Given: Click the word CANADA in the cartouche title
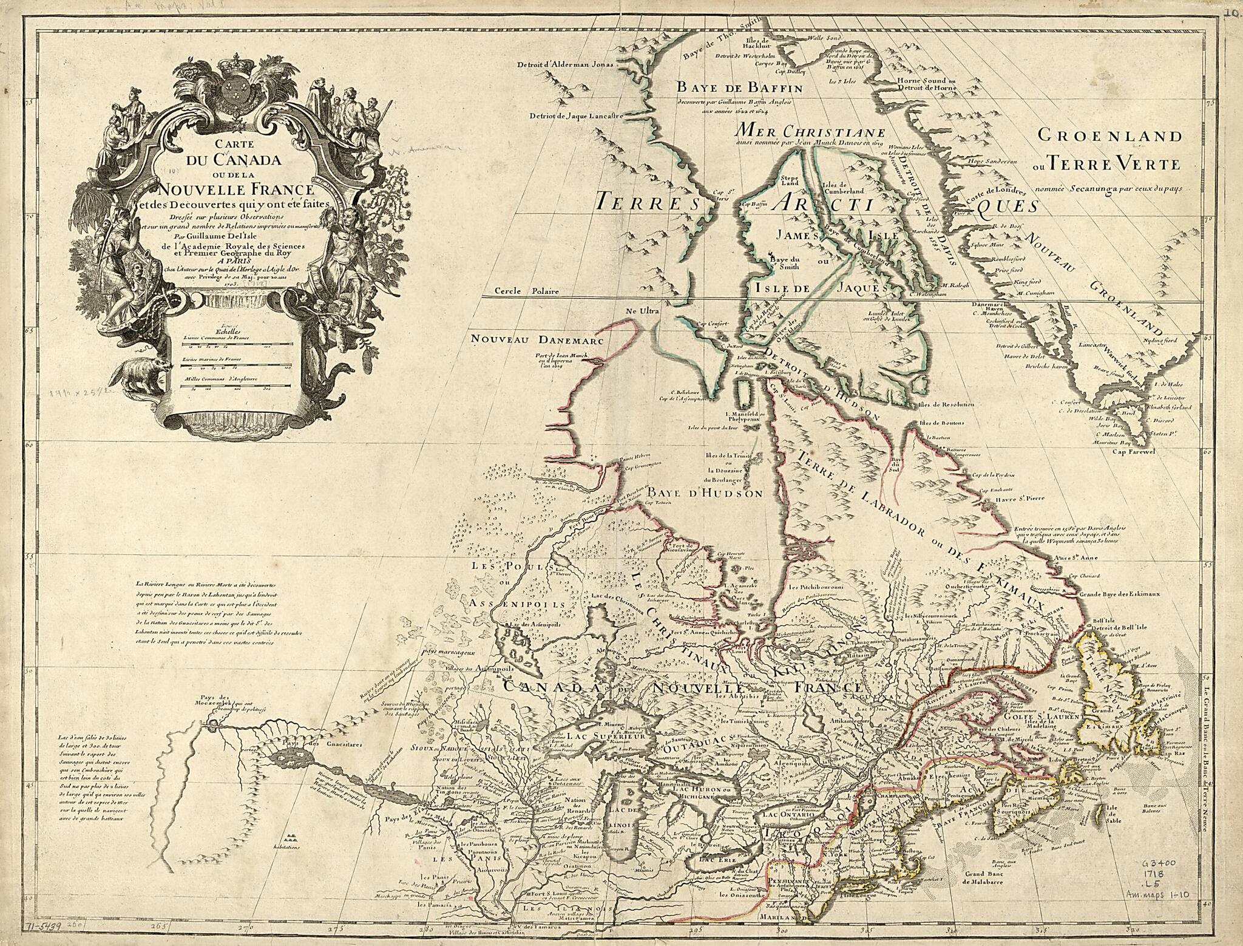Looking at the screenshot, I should click(237, 161).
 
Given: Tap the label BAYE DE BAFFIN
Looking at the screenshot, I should click(740, 88).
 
